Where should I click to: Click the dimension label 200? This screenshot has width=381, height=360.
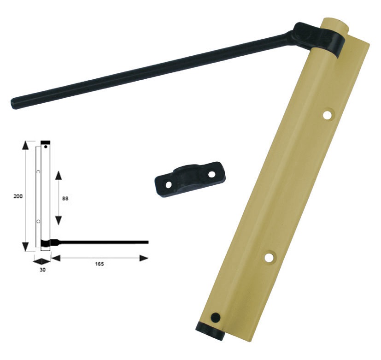tap(18, 196)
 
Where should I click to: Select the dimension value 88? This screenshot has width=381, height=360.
tap(65, 198)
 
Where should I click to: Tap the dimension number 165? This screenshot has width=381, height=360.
tap(99, 264)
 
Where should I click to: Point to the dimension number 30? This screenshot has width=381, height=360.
tap(42, 270)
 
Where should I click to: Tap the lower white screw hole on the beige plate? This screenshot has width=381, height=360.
tap(270, 257)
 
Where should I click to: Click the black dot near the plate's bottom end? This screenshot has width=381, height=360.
tap(216, 317)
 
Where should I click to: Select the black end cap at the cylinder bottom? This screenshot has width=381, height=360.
tap(210, 331)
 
